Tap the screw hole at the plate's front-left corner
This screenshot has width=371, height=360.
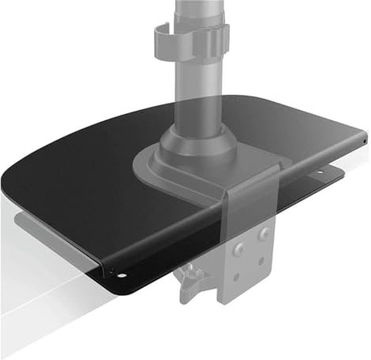[120, 276]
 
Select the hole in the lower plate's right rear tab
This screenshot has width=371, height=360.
[324, 171]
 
